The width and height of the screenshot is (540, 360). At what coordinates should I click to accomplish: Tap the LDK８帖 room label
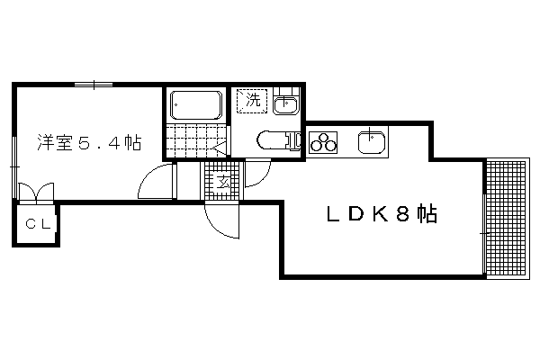[382, 214]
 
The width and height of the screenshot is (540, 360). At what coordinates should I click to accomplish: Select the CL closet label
[38, 224]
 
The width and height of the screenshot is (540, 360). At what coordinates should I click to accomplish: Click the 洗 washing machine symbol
[252, 101]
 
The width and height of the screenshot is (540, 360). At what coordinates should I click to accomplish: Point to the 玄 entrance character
[223, 182]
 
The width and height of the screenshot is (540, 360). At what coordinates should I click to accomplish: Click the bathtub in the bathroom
[196, 105]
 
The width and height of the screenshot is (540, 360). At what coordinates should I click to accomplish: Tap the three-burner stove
[323, 142]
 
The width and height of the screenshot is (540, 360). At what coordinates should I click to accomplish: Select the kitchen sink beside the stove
[372, 141]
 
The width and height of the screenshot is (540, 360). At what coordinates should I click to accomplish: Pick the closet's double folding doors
[36, 192]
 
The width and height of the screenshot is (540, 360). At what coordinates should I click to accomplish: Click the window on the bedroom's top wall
[94, 85]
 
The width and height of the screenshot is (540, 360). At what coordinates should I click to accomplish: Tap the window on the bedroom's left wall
[14, 167]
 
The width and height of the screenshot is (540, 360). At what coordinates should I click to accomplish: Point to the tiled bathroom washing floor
[195, 140]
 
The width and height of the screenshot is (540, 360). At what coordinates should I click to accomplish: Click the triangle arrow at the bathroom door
[219, 149]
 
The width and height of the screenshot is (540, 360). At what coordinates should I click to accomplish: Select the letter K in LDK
[382, 214]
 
